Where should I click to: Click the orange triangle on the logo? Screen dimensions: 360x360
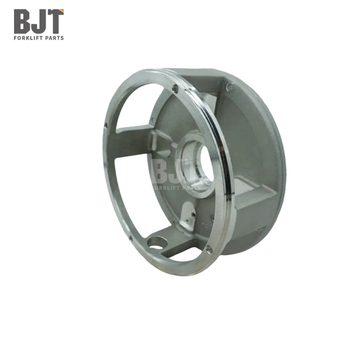pos(61,10)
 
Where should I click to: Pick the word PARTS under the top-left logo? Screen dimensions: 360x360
pos(55,38)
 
